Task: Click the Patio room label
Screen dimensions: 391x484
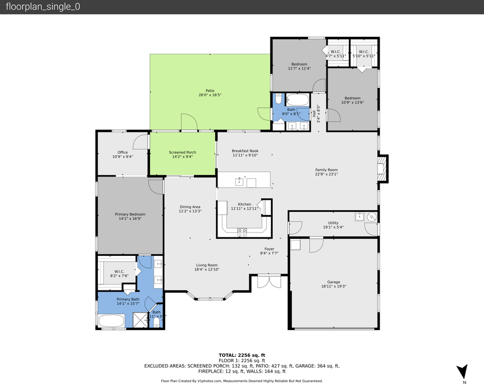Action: coord(210,91)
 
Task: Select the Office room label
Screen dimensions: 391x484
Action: coord(122,153)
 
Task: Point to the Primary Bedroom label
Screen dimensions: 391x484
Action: coord(130,215)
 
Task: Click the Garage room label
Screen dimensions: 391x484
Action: coord(334,282)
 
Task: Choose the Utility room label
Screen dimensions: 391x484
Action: coord(333,223)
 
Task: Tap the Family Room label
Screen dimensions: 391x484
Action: coord(326,170)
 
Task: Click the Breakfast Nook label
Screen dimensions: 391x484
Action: coord(245,151)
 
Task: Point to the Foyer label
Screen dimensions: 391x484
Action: coord(269,249)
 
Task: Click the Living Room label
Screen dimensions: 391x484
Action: coord(207,266)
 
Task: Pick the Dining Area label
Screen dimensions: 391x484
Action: coord(191,207)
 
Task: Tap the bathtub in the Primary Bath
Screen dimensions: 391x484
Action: coord(111,321)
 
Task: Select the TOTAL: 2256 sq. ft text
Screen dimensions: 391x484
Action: coord(242,354)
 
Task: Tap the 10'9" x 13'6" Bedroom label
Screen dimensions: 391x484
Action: coord(352,98)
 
